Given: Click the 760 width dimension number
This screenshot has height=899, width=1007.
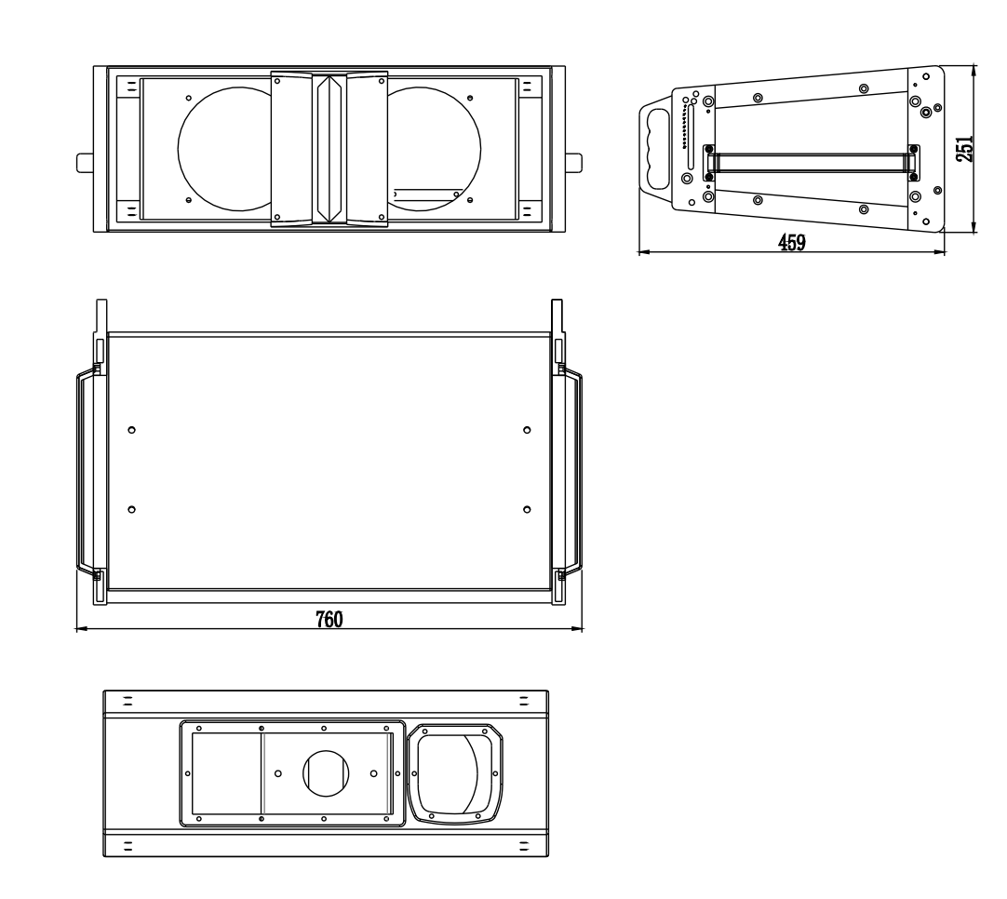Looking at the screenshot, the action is point(329,619).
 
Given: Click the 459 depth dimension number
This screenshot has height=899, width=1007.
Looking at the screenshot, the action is point(791,242).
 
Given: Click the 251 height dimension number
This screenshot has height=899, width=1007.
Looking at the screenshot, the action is point(964,148).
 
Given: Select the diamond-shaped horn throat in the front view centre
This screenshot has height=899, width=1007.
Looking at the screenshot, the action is point(329,149).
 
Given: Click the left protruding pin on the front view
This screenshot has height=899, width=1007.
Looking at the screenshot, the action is point(85,163).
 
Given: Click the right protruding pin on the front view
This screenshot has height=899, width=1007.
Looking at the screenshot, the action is point(573,163).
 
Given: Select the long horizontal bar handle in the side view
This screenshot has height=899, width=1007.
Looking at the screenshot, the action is point(812,163).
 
